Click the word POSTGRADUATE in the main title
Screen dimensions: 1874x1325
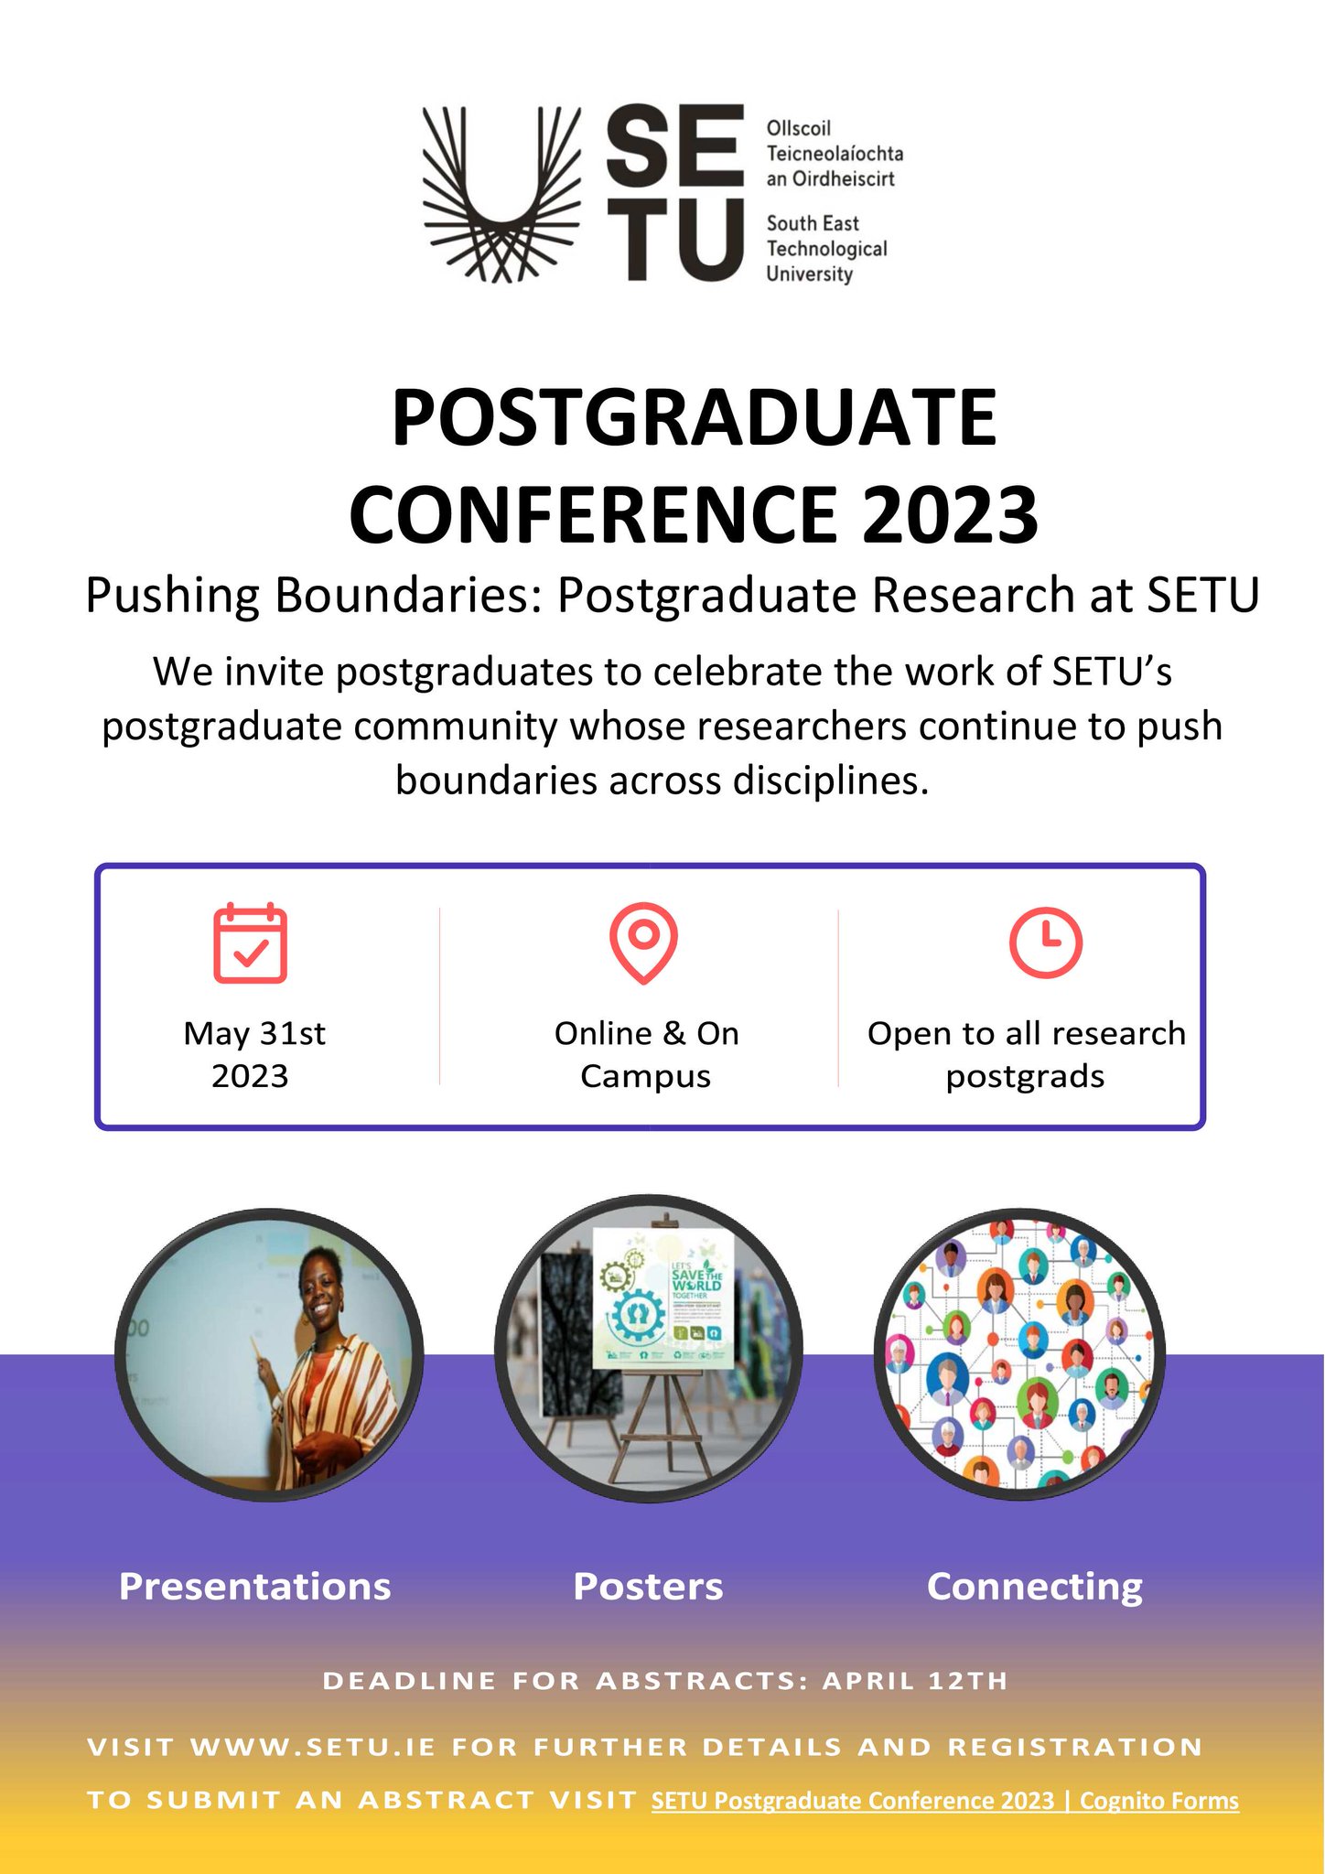pyautogui.click(x=694, y=418)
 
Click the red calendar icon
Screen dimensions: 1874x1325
pyautogui.click(x=250, y=943)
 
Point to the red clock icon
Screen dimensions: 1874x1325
pyautogui.click(x=1045, y=942)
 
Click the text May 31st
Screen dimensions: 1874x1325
pyautogui.click(x=253, y=1033)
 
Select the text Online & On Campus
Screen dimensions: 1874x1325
pyautogui.click(x=646, y=1054)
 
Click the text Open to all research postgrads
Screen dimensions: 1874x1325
pyautogui.click(x=1026, y=1054)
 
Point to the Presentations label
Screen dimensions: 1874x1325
pyautogui.click(x=254, y=1587)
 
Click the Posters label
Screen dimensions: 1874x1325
pyautogui.click(x=648, y=1587)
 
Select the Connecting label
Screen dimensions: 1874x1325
pyautogui.click(x=1034, y=1587)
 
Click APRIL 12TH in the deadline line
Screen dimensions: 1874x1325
pyautogui.click(x=914, y=1681)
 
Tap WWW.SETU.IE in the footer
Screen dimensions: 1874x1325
pyautogui.click(x=312, y=1747)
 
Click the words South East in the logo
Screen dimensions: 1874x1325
pyautogui.click(x=813, y=223)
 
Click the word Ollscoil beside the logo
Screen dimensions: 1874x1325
pyautogui.click(x=798, y=128)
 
